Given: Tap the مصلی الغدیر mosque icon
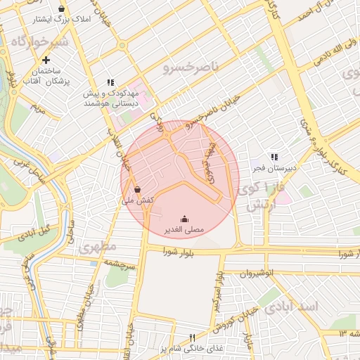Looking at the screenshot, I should pyautogui.click(x=184, y=219).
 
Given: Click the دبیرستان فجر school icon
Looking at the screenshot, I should pyautogui.click(x=274, y=157).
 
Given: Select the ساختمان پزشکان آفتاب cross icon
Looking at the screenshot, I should pyautogui.click(x=46, y=60).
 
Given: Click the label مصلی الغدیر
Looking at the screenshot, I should pyautogui.click(x=184, y=230).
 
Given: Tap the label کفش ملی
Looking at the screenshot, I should pyautogui.click(x=138, y=201).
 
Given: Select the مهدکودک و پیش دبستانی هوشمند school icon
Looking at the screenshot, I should pyautogui.click(x=110, y=82).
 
